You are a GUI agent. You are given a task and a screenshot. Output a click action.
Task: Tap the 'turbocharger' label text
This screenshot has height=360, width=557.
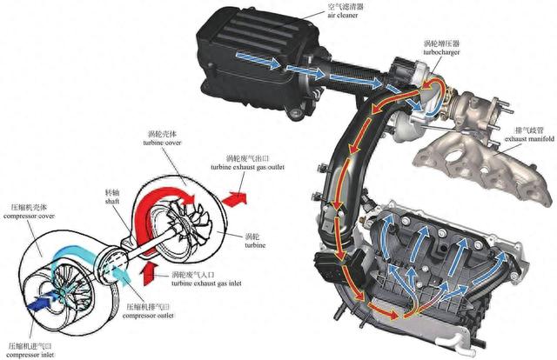[x=446, y=53]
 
